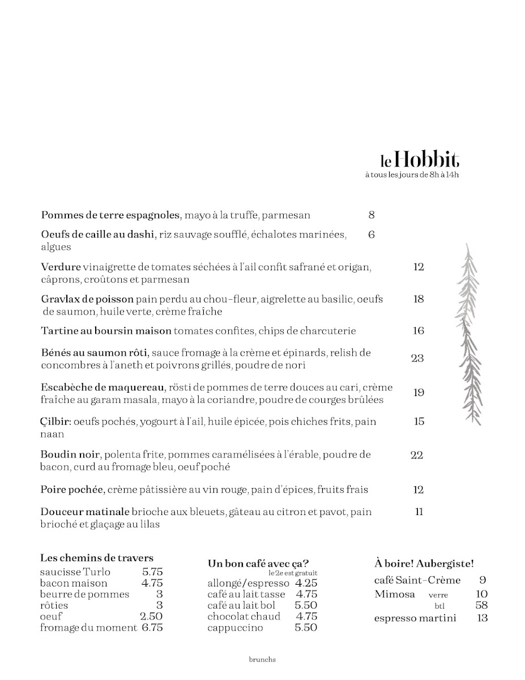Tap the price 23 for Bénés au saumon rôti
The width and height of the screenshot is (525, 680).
417,358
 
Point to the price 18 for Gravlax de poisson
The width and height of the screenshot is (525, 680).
419,299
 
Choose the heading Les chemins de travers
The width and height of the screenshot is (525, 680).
97,558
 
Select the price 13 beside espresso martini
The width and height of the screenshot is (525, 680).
482,618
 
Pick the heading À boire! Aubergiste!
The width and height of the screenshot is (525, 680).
424,563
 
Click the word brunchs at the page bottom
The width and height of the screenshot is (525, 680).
262,660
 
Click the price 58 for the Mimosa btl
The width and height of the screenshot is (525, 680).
481,605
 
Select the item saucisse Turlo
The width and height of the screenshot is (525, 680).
75,572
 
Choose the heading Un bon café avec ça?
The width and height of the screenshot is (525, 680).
258,563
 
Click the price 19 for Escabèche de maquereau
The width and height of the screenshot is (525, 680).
419,393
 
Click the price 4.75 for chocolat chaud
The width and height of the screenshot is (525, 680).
306,617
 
